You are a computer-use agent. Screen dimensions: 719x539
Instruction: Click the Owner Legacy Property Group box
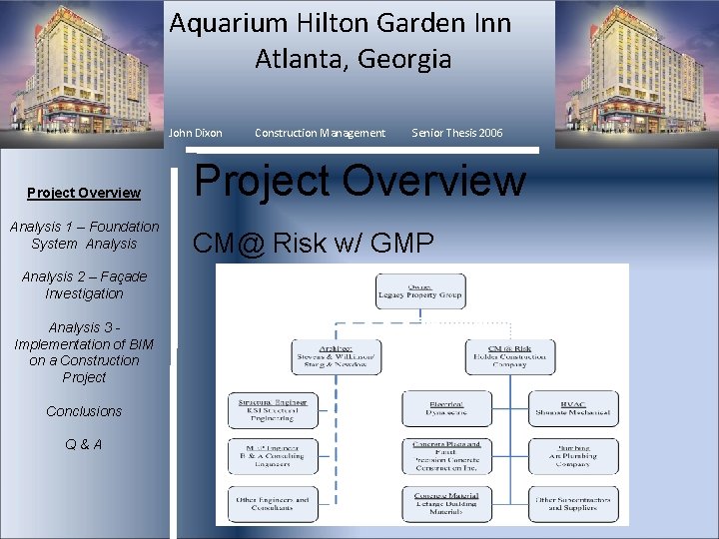[x=420, y=291]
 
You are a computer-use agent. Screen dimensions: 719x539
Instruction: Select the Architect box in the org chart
[x=336, y=357]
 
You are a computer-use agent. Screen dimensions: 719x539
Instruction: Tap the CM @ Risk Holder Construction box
[x=509, y=357]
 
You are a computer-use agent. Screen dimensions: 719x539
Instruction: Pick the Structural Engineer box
[x=272, y=408]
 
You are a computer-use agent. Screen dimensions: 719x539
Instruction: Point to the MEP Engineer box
[x=272, y=456]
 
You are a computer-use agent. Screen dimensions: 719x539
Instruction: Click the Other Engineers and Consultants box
[x=272, y=503]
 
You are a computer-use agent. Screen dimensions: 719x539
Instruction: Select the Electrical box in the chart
[x=446, y=408]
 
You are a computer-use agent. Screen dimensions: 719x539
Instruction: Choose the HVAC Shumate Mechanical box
[x=573, y=408]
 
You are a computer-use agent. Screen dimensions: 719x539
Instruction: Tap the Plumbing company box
[x=573, y=456]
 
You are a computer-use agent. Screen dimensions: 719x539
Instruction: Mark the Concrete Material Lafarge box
[x=446, y=503]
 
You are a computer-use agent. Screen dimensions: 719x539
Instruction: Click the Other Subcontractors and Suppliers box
[x=573, y=503]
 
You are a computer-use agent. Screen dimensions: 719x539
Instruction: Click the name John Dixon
[x=196, y=133]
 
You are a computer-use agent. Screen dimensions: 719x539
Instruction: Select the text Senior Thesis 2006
[x=457, y=133]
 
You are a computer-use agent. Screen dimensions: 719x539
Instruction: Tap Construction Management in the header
[x=320, y=133]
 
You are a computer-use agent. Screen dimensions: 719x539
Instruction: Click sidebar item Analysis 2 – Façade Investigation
[x=84, y=284]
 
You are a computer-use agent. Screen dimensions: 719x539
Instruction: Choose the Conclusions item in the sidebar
[x=84, y=411]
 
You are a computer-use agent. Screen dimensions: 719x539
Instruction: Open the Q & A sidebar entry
[x=84, y=444]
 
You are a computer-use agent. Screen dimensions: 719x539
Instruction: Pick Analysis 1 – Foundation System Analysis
[x=84, y=235]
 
